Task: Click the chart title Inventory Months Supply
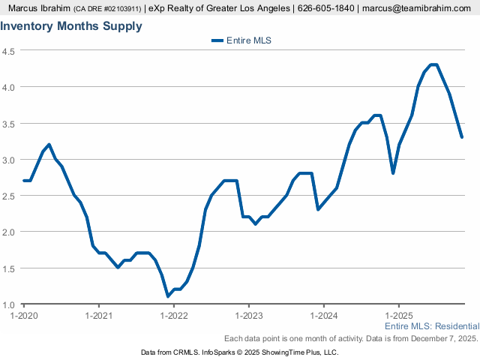click(71, 26)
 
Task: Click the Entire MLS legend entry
click(241, 40)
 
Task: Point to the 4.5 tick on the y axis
click(10, 51)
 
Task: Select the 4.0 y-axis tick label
click(10, 87)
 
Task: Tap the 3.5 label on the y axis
click(10, 124)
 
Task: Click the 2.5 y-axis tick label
click(10, 196)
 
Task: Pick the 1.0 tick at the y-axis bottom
click(10, 304)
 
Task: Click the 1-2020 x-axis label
click(24, 316)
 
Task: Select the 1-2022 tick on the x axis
click(173, 316)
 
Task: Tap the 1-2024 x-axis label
click(323, 316)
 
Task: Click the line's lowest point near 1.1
click(168, 296)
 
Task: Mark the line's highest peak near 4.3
click(433, 65)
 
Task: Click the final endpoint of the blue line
click(461, 136)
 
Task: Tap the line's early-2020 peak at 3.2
click(49, 145)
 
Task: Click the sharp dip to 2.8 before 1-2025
click(393, 173)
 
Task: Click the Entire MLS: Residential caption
click(431, 327)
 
